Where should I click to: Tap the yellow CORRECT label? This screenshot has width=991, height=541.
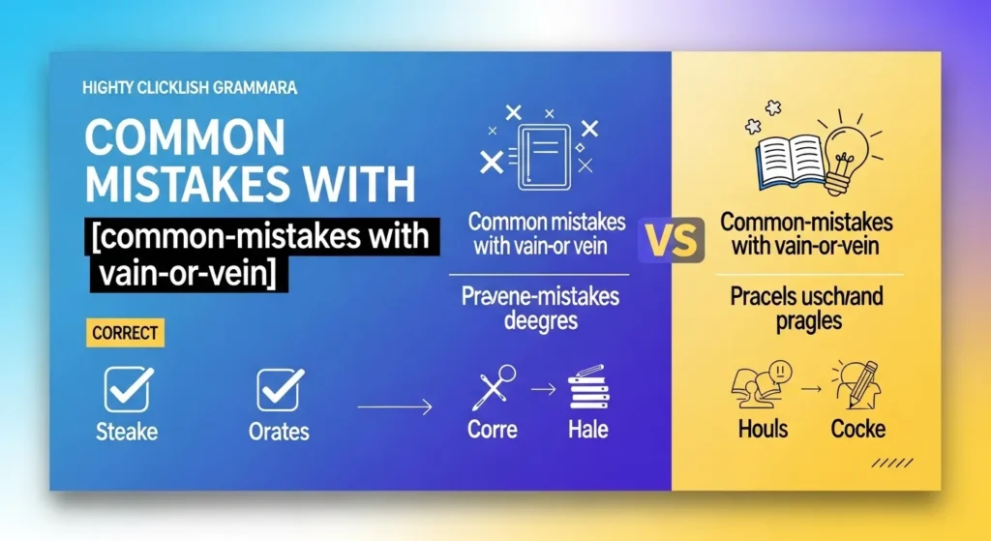[126, 334]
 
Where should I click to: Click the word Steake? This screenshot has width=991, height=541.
[126, 430]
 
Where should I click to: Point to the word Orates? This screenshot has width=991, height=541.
[280, 430]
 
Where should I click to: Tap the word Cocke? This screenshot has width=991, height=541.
[858, 429]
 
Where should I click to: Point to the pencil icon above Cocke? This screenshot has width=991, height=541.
[859, 384]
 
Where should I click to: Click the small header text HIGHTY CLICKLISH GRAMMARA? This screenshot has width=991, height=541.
[191, 88]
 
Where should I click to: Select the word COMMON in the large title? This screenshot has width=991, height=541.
[183, 137]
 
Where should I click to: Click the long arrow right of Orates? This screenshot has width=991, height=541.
[394, 409]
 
